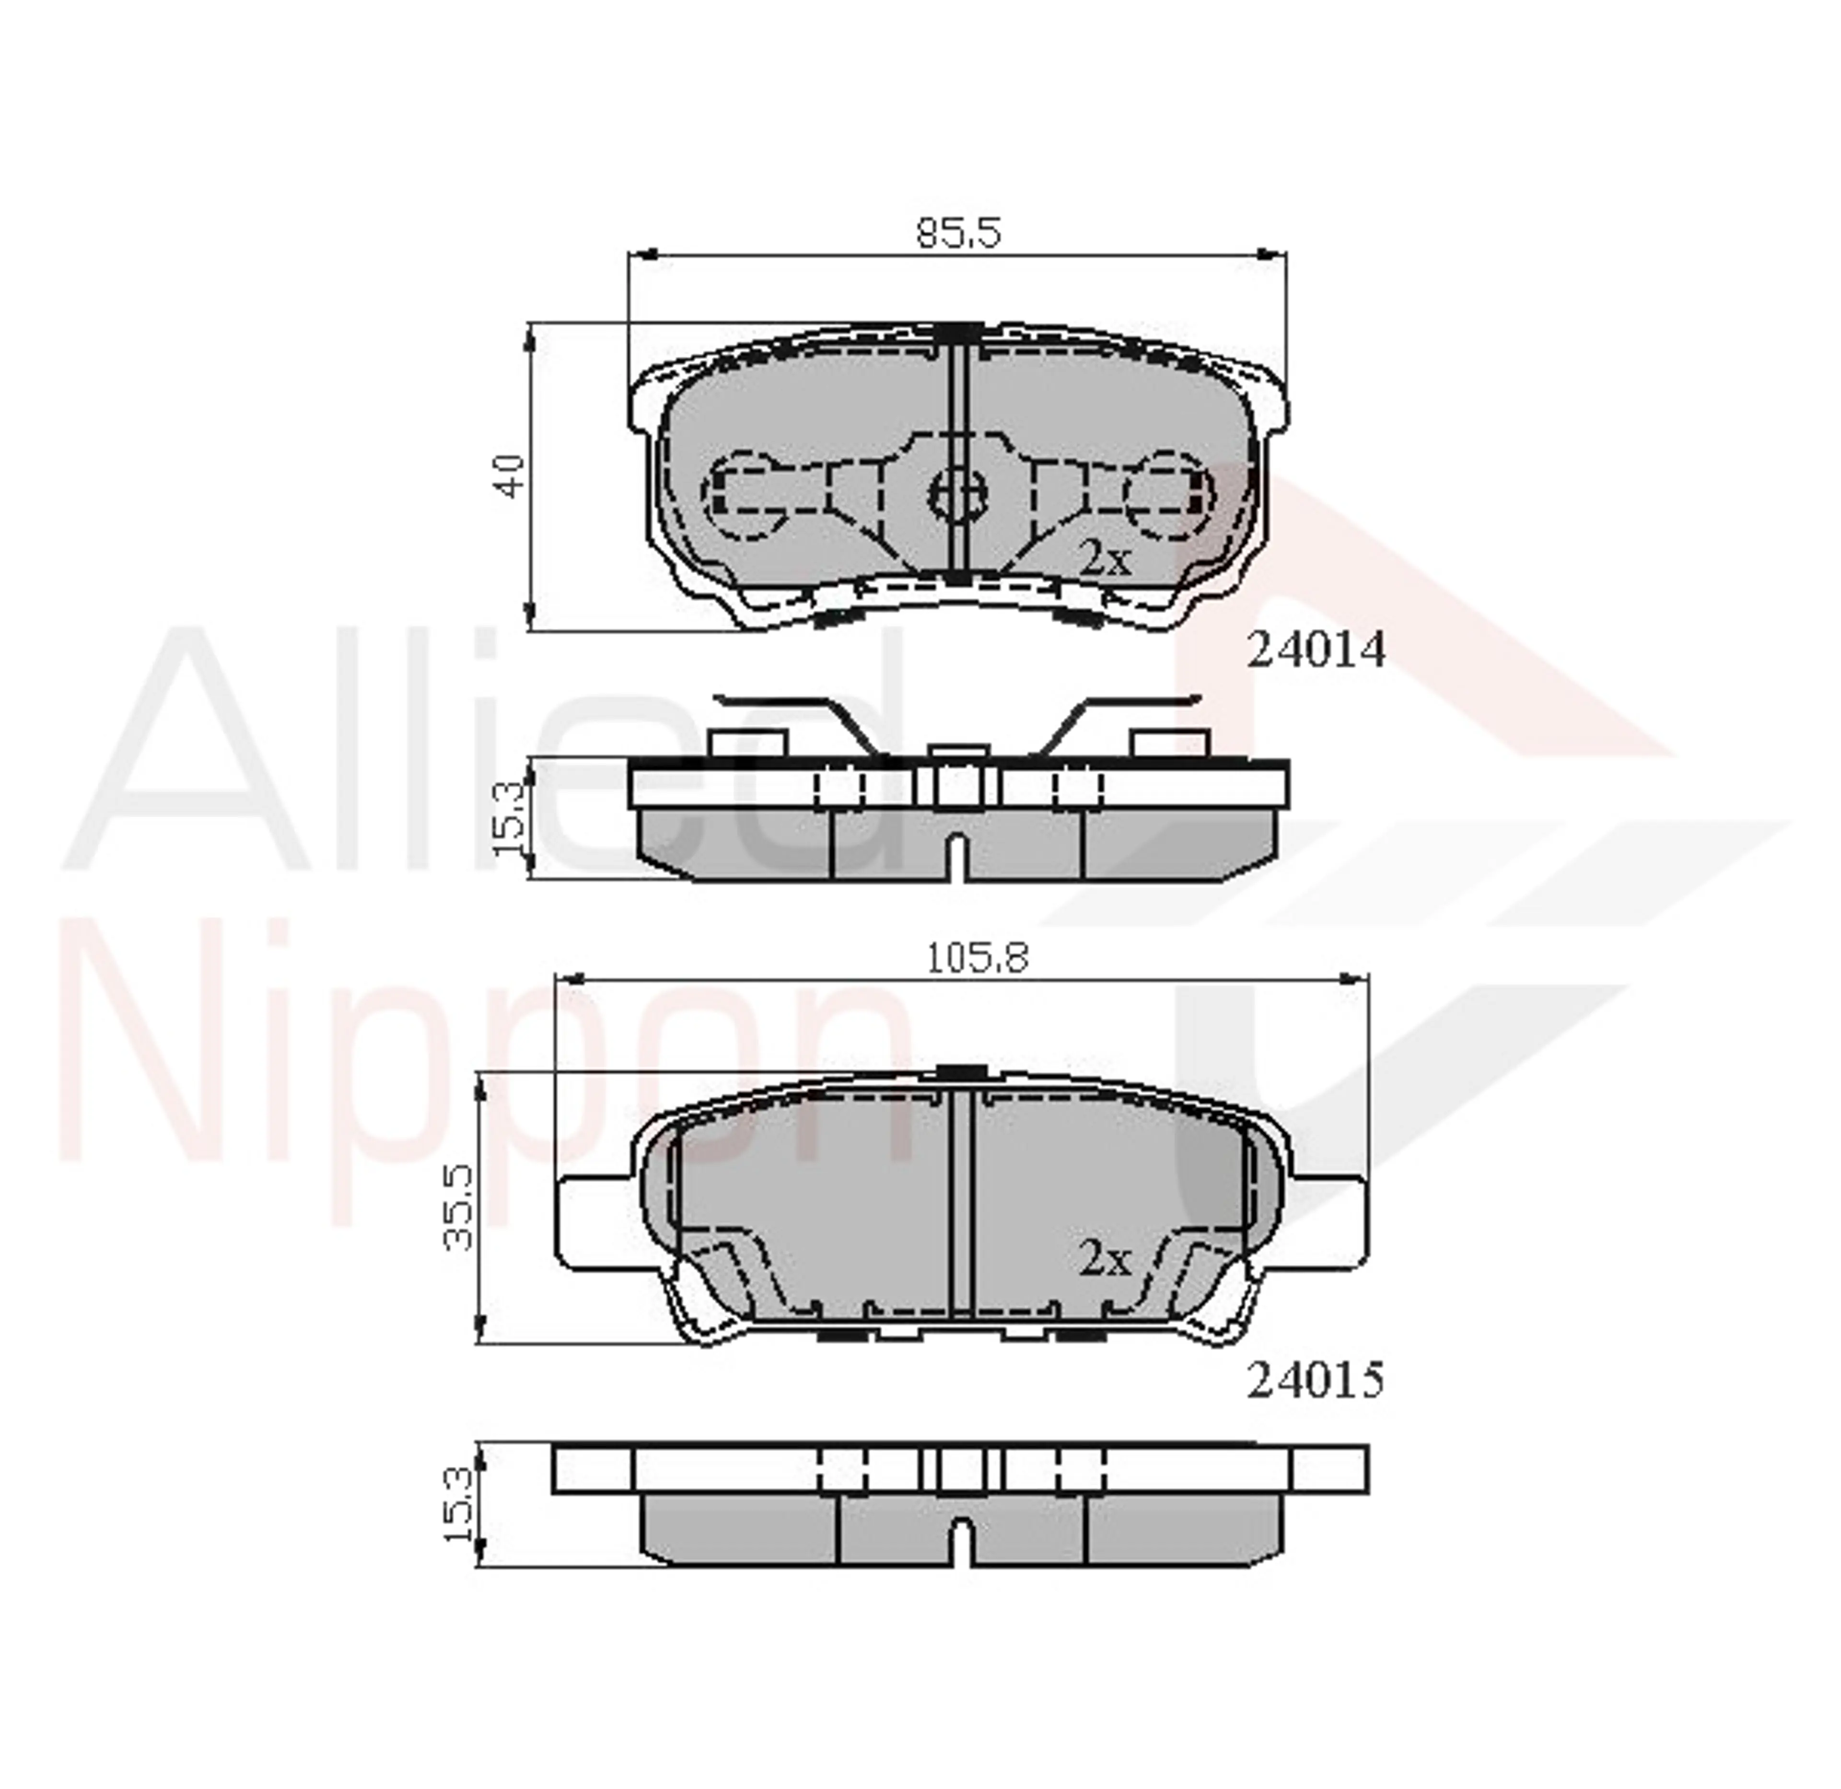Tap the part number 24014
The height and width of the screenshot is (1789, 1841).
1316,649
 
